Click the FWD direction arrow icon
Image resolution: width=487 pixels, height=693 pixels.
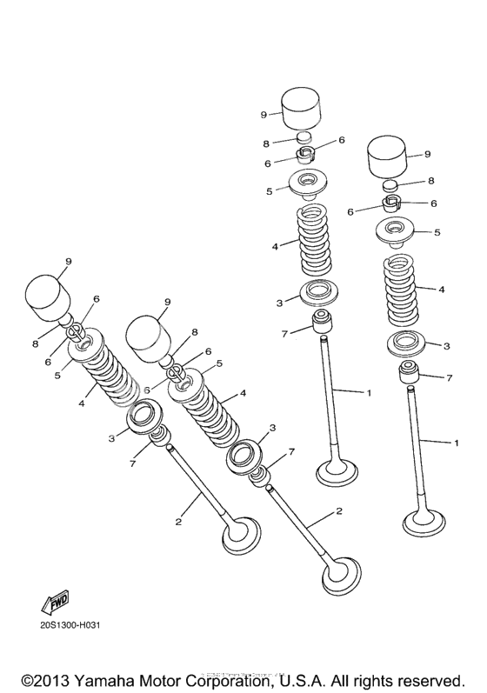[55, 603]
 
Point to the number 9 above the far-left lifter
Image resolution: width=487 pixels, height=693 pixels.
[68, 260]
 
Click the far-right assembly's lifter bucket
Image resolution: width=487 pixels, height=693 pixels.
[390, 157]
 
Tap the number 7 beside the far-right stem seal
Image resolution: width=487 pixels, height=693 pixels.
[449, 378]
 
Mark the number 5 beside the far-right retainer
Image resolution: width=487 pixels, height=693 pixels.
[437, 232]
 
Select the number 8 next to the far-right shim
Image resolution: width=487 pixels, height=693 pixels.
[430, 181]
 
